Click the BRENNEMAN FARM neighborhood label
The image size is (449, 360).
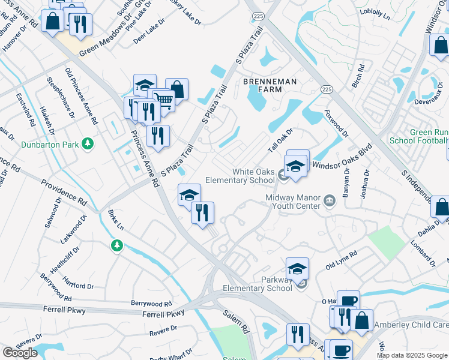[x=262, y=85]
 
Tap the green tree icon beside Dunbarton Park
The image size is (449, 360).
[x=88, y=143]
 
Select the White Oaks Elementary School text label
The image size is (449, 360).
[x=240, y=176]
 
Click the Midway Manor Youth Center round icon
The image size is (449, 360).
[x=330, y=200]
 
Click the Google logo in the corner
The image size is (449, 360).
[x=20, y=353]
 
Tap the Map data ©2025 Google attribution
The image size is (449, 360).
[x=412, y=355]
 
